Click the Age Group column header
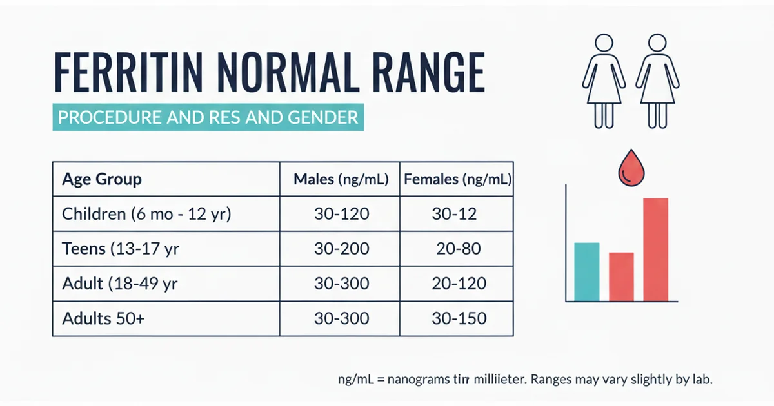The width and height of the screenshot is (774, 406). [102, 179]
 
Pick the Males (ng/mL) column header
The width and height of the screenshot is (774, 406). [341, 180]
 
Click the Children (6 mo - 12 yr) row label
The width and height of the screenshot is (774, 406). [146, 215]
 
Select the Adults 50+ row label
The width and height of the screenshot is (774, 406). [104, 318]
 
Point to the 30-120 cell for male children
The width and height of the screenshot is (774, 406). [341, 215]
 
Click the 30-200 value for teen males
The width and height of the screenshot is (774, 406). [341, 249]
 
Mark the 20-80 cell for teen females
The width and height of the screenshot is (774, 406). [457, 249]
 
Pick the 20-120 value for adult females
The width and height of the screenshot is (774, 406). [457, 284]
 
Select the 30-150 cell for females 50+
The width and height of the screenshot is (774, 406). [457, 318]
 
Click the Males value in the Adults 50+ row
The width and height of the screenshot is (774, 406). [341, 318]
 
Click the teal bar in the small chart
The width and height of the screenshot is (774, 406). [586, 271]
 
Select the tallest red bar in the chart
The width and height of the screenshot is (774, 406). [655, 249]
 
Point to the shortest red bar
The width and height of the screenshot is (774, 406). [621, 276]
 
